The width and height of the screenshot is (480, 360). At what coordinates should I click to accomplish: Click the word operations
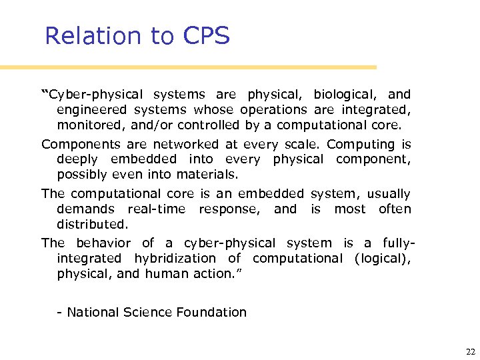click(273, 110)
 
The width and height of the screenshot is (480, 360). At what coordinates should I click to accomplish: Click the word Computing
click(361, 145)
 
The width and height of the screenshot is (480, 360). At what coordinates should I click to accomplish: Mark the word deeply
click(77, 160)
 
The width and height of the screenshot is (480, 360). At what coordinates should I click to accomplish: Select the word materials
click(207, 175)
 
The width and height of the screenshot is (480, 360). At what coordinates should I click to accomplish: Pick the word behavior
click(103, 243)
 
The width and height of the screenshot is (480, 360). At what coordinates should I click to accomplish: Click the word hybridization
click(175, 259)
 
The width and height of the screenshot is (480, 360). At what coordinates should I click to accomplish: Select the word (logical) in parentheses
click(383, 259)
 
